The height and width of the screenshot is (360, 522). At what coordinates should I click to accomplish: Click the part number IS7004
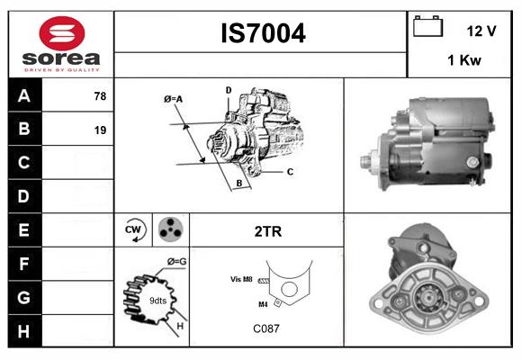coord(263,33)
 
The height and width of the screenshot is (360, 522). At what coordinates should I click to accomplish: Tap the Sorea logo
coord(60,43)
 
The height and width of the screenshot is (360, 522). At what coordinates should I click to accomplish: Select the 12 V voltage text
coord(481,31)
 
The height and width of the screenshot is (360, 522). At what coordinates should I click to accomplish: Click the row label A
coord(23,96)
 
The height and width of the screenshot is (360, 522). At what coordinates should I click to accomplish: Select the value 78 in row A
coord(100,96)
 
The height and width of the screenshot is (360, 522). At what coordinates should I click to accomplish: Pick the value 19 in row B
coord(100,130)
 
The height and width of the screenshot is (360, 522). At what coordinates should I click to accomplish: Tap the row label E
coord(23,230)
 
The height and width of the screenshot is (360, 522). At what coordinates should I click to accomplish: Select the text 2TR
coord(267,231)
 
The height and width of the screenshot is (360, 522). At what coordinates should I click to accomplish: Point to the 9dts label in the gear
coord(157,300)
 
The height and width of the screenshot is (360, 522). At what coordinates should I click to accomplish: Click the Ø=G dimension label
coord(176,261)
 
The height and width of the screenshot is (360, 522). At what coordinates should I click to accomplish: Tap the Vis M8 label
coord(241,279)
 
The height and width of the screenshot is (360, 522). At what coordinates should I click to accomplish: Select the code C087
coord(265,328)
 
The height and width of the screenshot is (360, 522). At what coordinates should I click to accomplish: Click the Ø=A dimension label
coord(173,98)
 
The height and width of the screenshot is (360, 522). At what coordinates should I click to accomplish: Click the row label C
coord(23,163)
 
